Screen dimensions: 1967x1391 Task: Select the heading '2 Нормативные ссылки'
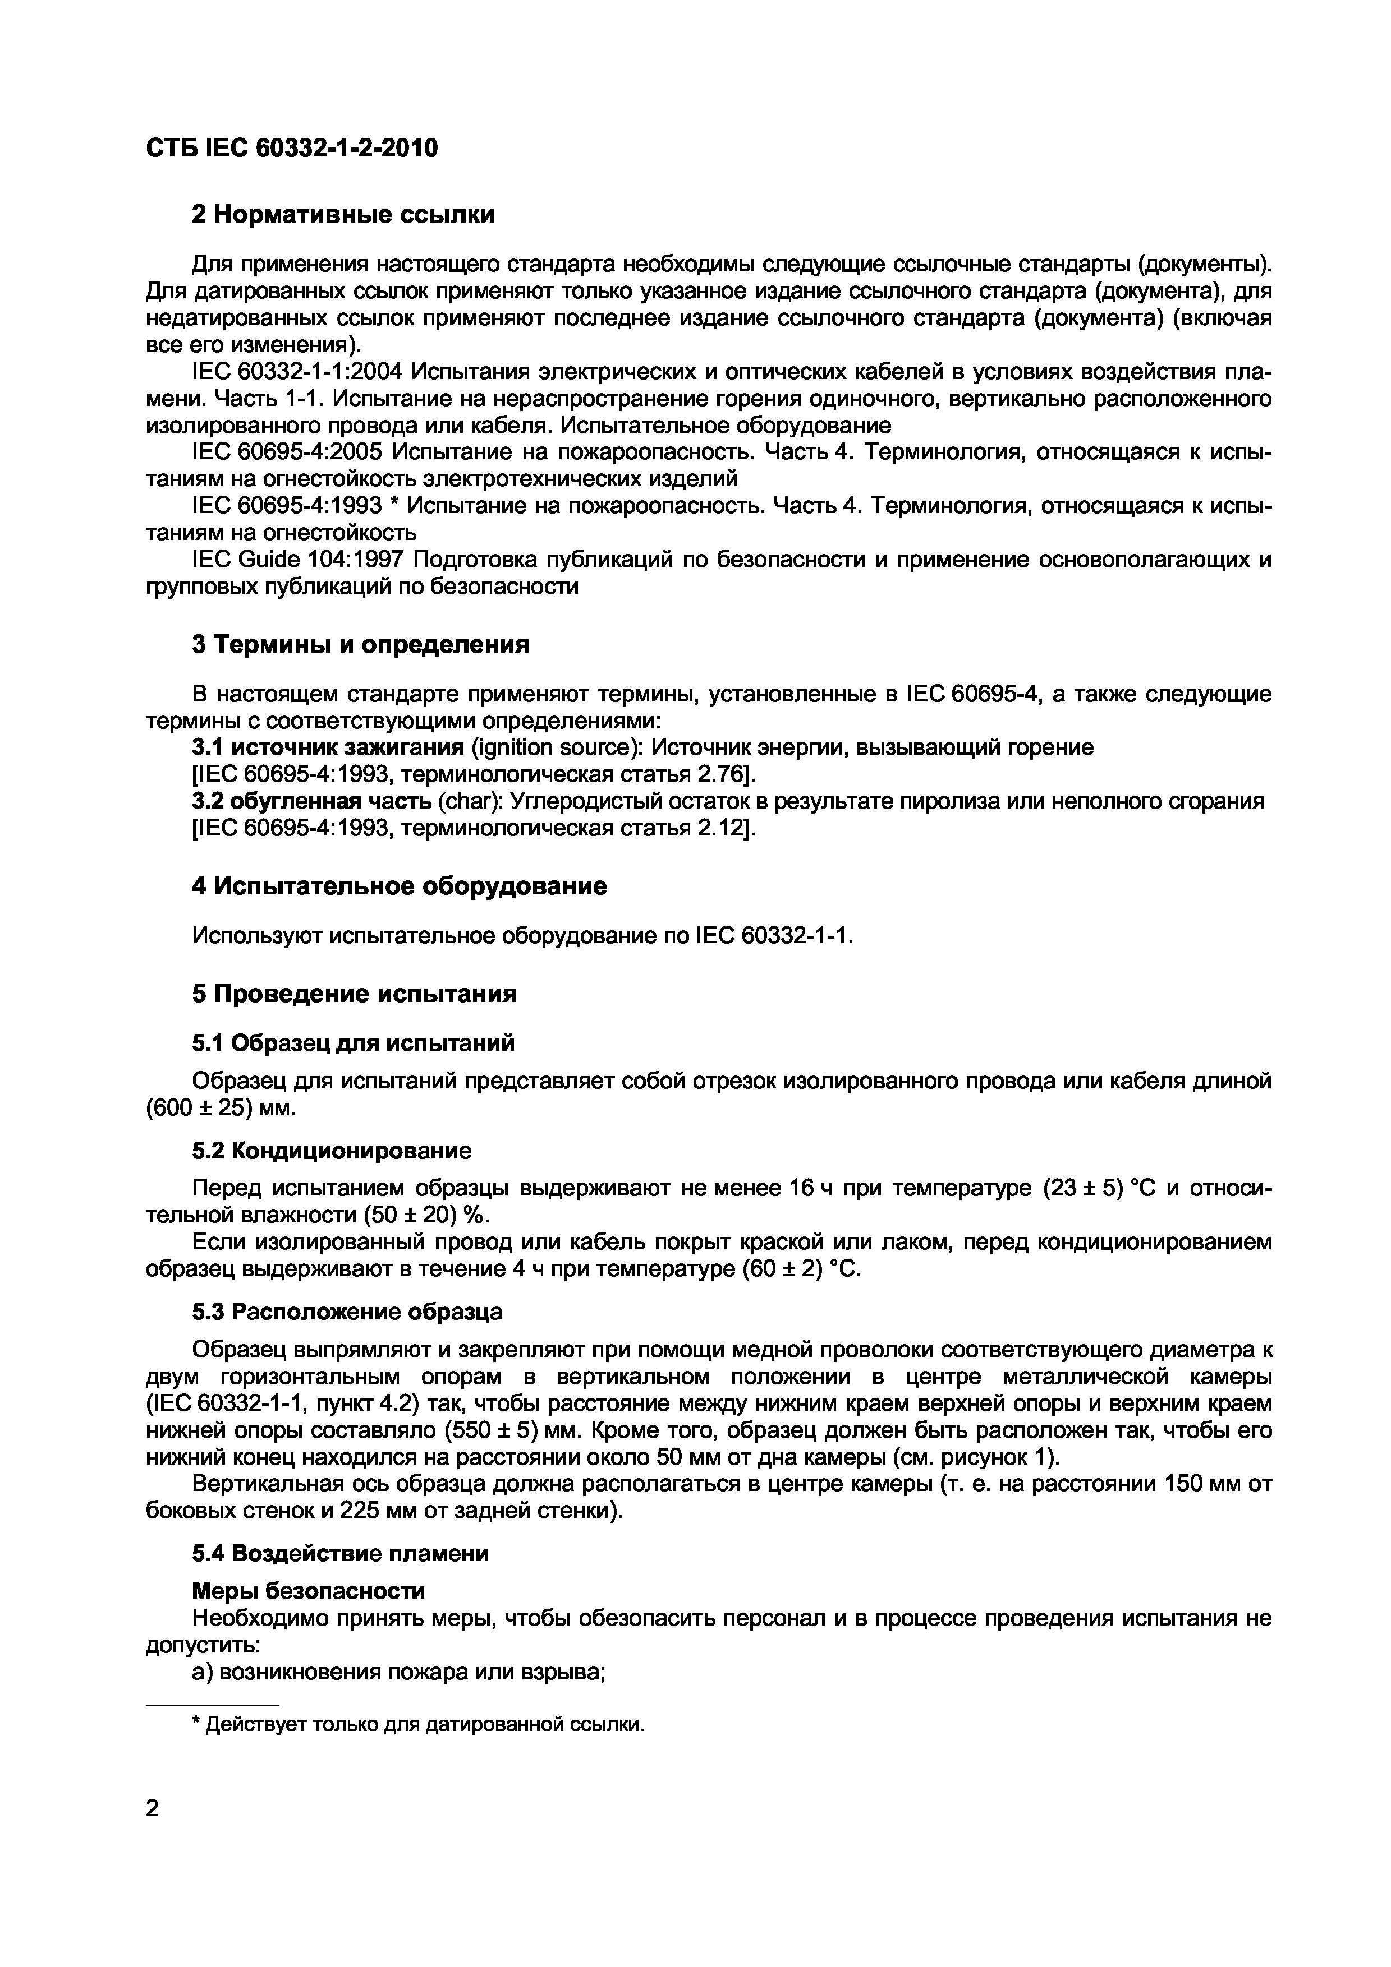click(x=343, y=214)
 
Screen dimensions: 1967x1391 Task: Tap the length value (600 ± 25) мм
click(x=221, y=1108)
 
